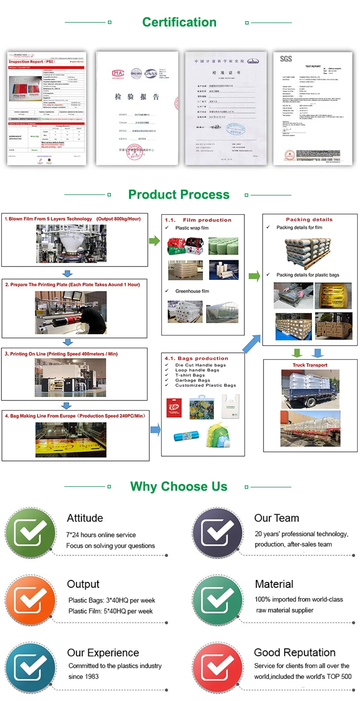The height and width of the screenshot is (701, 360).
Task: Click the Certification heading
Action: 179,22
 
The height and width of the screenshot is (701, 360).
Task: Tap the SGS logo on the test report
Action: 286,59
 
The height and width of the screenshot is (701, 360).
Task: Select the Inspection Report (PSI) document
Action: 47,109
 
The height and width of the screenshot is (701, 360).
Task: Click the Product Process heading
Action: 179,194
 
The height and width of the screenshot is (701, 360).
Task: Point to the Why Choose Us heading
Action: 179,486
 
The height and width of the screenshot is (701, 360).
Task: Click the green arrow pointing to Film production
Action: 154,241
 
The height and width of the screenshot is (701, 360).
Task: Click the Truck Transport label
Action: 310,365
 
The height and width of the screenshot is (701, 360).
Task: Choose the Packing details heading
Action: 309,219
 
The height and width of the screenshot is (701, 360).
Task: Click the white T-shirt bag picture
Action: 230,406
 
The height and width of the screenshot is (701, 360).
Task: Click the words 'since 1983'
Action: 84,677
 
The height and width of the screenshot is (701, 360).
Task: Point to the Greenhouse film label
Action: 192,291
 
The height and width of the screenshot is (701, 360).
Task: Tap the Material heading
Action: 274,584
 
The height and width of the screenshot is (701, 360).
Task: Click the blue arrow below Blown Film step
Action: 68,273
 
